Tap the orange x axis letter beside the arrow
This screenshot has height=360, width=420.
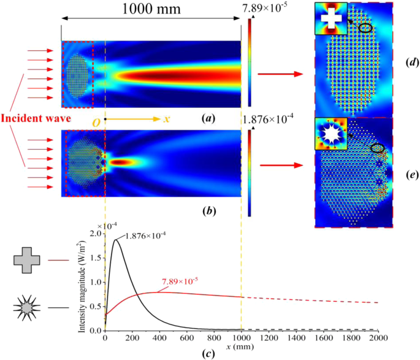coord(166,118)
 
